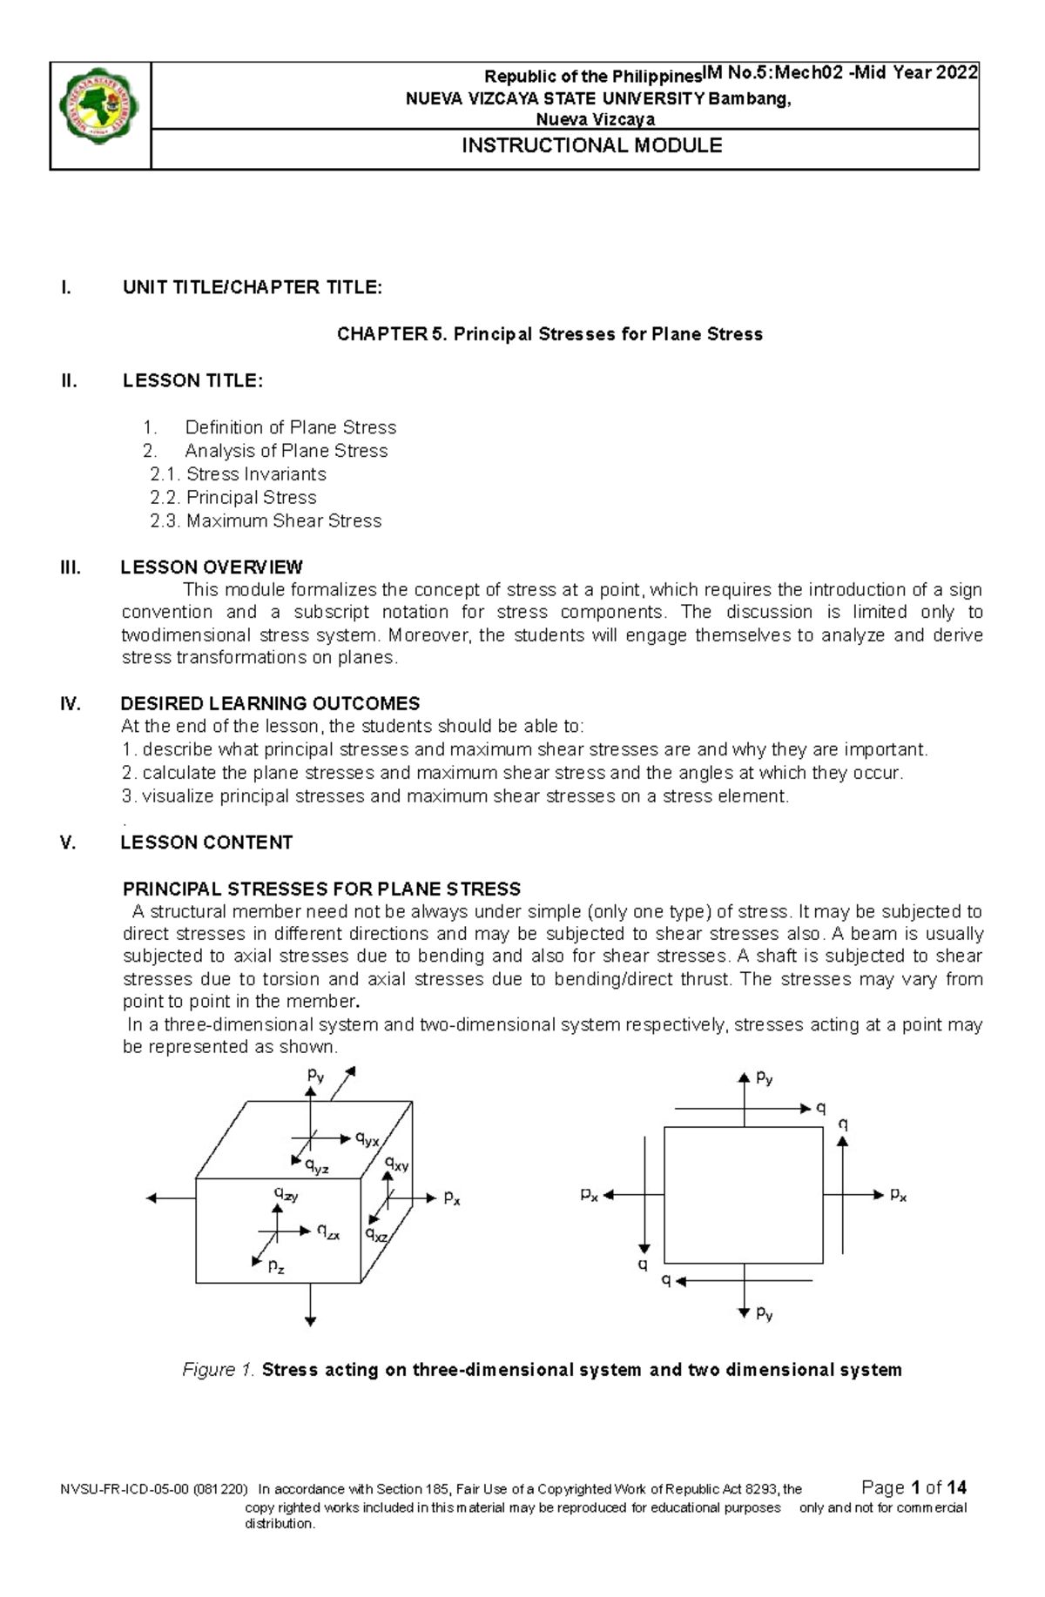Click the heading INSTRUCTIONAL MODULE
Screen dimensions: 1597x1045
(x=591, y=145)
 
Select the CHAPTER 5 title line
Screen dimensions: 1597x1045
(x=549, y=334)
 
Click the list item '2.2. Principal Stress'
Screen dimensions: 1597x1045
(x=233, y=497)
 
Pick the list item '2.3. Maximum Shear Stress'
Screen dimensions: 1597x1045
(x=266, y=520)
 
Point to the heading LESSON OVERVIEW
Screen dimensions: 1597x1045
(x=212, y=567)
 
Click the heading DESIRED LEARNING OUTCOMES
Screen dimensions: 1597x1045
(x=270, y=703)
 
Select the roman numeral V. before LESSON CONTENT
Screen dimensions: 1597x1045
(x=69, y=842)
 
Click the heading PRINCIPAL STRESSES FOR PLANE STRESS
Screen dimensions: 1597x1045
(x=321, y=889)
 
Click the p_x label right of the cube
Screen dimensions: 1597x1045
(x=452, y=1198)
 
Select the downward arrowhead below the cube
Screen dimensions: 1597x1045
(x=310, y=1321)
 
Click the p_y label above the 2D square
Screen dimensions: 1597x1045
(x=765, y=1078)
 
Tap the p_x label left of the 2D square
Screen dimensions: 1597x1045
(x=590, y=1195)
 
